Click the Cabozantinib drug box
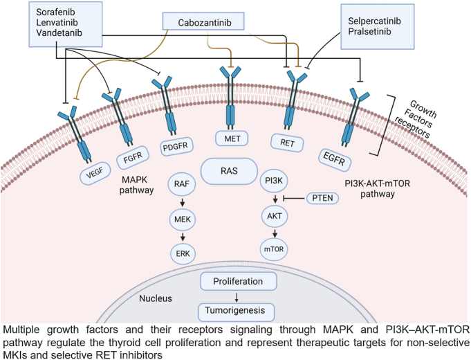(x=205, y=23)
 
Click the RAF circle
(x=183, y=186)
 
